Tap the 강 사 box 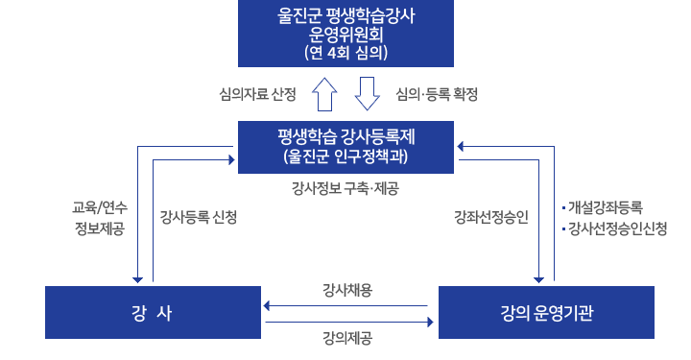pyautogui.click(x=152, y=313)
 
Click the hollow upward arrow pyautogui.click(x=323, y=95)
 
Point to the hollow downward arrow pyautogui.click(x=369, y=95)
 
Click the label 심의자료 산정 pyautogui.click(x=258, y=94)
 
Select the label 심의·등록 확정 pyautogui.click(x=437, y=94)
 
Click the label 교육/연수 pyautogui.click(x=100, y=207)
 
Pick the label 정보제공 pyautogui.click(x=100, y=228)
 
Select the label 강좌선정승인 pyautogui.click(x=490, y=217)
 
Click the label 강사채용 pyautogui.click(x=347, y=290)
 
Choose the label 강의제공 pyautogui.click(x=347, y=337)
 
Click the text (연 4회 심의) pyautogui.click(x=345, y=53)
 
